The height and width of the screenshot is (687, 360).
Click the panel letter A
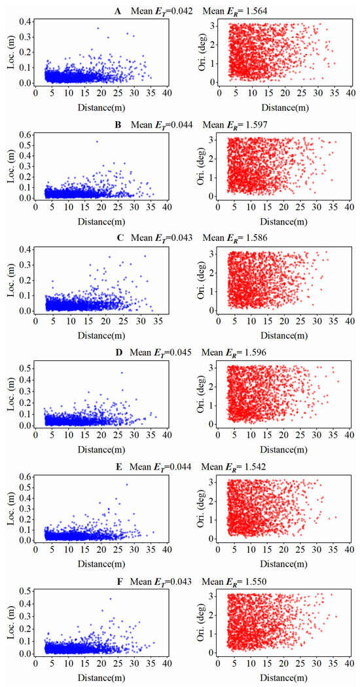(117, 10)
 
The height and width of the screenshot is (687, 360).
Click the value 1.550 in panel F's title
(268, 582)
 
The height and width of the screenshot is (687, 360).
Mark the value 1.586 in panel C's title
(268, 239)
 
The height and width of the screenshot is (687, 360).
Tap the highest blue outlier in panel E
(126, 485)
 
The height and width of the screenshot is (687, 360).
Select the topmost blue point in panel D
(121, 373)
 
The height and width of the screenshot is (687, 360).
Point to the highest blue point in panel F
(110, 599)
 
